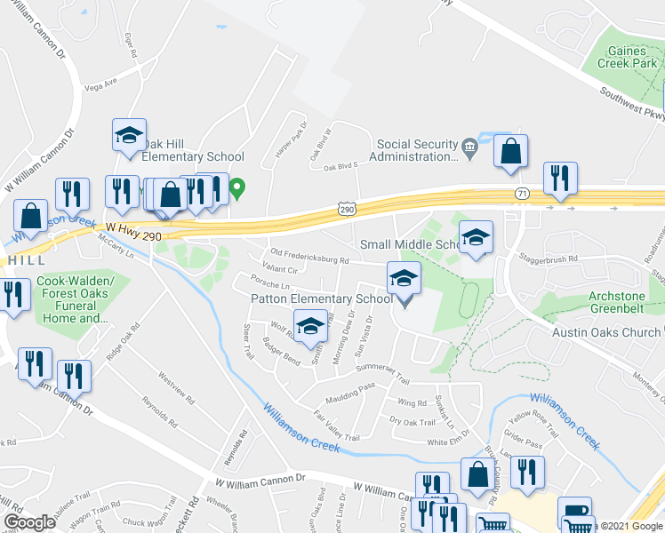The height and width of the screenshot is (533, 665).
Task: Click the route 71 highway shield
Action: (x=523, y=193)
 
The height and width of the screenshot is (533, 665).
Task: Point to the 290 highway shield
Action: (x=347, y=208)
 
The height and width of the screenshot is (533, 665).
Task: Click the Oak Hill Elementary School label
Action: (x=193, y=150)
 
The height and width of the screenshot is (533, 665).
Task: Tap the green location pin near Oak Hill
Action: (x=237, y=188)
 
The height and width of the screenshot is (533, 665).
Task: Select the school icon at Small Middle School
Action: (x=476, y=238)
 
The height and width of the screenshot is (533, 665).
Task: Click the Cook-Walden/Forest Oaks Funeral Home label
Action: (x=72, y=299)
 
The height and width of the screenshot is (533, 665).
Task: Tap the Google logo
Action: (x=29, y=521)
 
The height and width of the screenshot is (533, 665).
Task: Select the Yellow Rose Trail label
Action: (x=532, y=425)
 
